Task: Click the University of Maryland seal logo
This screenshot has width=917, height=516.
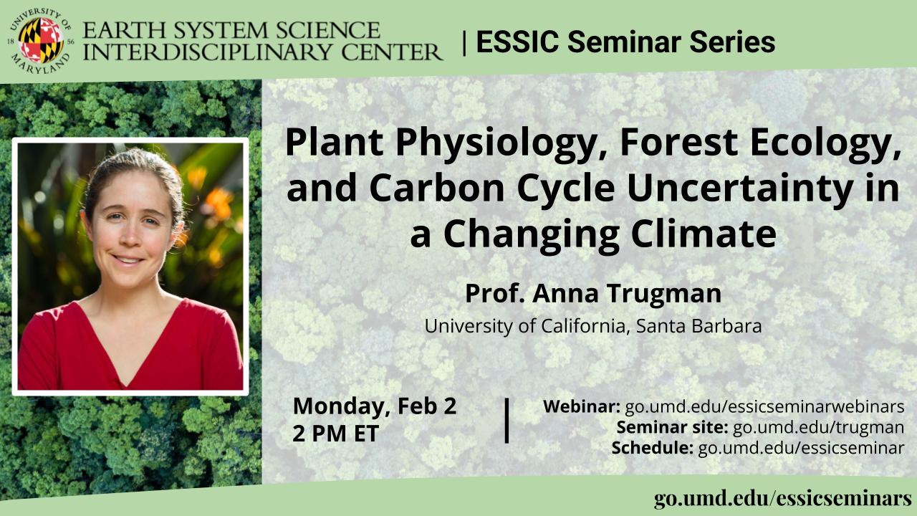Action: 41,41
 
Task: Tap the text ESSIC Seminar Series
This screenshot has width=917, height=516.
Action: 625,42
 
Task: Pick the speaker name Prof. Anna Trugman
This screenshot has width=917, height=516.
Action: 593,293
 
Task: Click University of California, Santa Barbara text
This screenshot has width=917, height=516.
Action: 593,326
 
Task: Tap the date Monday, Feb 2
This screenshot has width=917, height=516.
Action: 375,406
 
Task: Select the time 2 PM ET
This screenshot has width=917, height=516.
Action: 335,434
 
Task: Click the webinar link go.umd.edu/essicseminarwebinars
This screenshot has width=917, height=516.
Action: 764,406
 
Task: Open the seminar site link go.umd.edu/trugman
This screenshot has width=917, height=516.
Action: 818,427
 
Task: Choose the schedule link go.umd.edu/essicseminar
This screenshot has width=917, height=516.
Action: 801,448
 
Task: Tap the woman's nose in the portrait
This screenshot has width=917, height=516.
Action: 130,236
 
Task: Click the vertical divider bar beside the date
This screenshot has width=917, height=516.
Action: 506,421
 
